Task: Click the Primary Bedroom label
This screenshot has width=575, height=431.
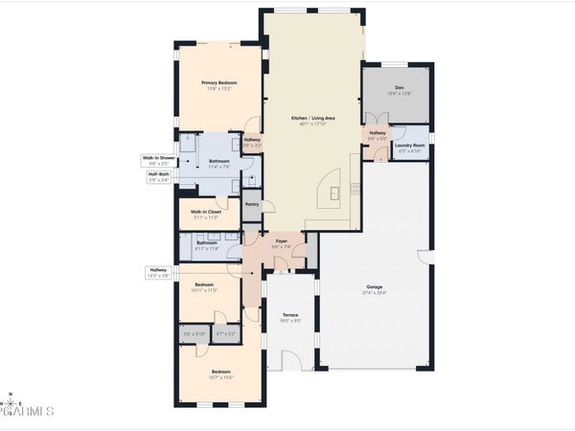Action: pos(218,83)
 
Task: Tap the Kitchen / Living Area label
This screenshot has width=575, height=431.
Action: pos(313,118)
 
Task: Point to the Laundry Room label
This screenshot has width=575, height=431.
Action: pos(409,146)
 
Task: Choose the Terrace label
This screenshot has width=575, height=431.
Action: pos(289,315)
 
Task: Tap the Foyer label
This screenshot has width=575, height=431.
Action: pos(283,240)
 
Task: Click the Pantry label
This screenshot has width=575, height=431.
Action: pos(252,204)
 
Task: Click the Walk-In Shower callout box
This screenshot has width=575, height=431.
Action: pos(158,160)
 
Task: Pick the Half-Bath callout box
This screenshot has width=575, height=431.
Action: pos(158,176)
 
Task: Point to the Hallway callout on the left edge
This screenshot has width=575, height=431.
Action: pos(158,272)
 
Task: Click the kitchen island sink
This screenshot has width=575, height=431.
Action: pos(334,191)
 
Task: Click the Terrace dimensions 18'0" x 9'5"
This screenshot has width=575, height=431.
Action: pos(289,321)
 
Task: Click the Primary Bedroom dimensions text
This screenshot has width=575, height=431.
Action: pos(218,89)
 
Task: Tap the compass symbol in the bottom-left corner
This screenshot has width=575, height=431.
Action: pos(9,396)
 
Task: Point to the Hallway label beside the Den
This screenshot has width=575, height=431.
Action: pos(378,134)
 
